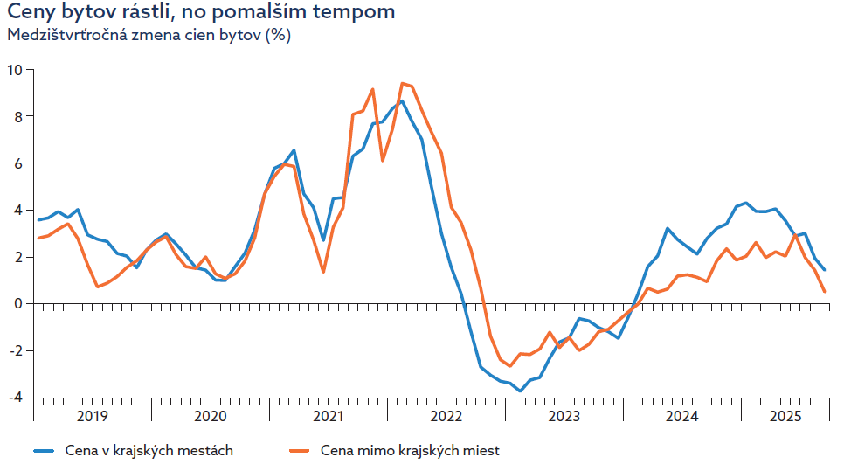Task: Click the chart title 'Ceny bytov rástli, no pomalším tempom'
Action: coord(201,12)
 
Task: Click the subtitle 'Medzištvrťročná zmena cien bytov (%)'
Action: coord(149,35)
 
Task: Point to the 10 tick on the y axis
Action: coord(15,70)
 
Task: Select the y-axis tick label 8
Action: coord(18,117)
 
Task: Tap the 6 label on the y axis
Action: coord(18,163)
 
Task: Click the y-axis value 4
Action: coord(18,210)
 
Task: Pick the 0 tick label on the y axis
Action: coord(18,304)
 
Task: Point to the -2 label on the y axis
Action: coord(16,350)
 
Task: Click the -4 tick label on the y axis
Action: coord(16,398)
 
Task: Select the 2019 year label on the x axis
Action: coord(93,416)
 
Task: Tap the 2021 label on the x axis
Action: coord(329,416)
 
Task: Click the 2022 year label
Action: coord(446,416)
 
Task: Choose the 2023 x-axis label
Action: coord(564,416)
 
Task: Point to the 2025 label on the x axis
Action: coord(785,416)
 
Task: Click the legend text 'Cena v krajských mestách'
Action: coord(149,450)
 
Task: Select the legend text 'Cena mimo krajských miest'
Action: coord(411,450)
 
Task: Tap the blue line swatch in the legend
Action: coord(44,451)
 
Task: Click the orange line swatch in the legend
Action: coord(300,451)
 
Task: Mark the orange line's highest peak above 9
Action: coord(402,83)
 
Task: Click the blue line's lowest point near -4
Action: coord(520,391)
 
